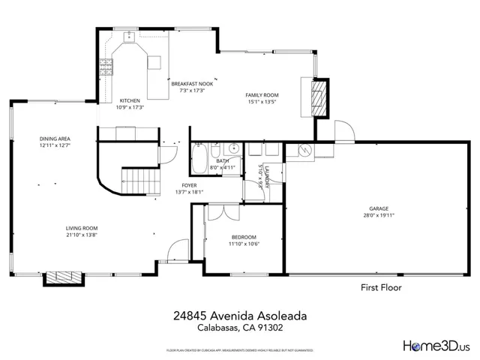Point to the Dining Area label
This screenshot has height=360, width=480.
click(55, 139)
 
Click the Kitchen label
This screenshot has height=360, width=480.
click(130, 101)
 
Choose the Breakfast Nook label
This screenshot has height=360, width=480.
click(192, 84)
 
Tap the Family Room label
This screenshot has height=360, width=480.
click(262, 95)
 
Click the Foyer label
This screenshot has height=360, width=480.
click(189, 185)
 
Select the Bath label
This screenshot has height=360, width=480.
click(223, 161)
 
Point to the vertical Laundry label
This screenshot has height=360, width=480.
click(266, 178)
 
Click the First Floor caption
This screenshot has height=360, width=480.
click(381, 287)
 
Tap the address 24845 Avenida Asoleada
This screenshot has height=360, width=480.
click(239, 317)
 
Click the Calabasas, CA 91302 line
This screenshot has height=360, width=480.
click(239, 328)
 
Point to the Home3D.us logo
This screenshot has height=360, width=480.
click(436, 346)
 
